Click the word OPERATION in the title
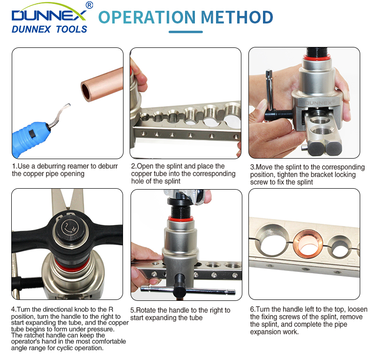[x=147, y=17]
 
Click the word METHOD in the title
[x=237, y=17]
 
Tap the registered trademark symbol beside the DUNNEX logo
[x=89, y=5]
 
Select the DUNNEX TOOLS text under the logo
[x=49, y=29]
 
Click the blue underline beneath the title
[x=186, y=32]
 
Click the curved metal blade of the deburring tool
[x=60, y=114]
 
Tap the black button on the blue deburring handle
[x=32, y=134]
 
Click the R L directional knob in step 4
[x=69, y=228]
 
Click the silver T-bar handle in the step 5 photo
[x=188, y=290]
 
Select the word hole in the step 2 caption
[x=137, y=181]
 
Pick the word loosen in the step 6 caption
[x=357, y=309]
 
